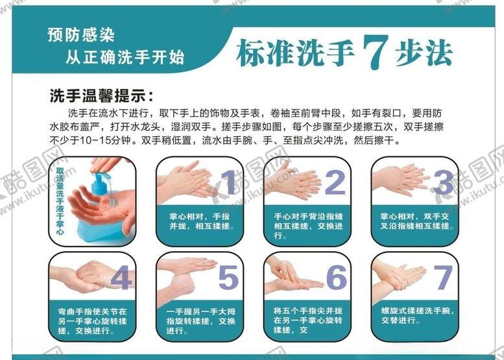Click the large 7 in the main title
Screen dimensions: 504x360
pyautogui.click(x=376, y=51)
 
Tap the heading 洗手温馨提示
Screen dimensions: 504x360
pyautogui.click(x=102, y=95)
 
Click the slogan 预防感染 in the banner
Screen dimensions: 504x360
pyautogui.click(x=81, y=35)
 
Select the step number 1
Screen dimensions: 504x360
pyautogui.click(x=228, y=182)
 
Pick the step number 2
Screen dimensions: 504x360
pyautogui.click(x=335, y=182)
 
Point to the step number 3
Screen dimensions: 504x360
pyautogui.click(x=444, y=182)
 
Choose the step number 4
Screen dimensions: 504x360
pyautogui.click(x=121, y=278)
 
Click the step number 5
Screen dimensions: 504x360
pyautogui.click(x=228, y=278)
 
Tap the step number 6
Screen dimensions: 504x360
pyautogui.click(x=337, y=278)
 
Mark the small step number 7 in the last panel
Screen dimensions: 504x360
pyautogui.click(x=443, y=278)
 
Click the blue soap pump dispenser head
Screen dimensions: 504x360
pyautogui.click(x=102, y=179)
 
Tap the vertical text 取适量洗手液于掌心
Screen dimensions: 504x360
pyautogui.click(x=60, y=201)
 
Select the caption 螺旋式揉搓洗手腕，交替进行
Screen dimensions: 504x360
pyautogui.click(x=418, y=315)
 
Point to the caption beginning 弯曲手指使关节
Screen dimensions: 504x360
pyautogui.click(x=93, y=321)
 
